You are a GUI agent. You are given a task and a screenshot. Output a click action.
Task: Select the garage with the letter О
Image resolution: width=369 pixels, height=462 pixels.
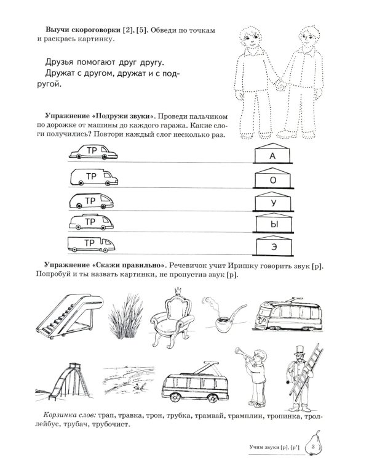point(272,179)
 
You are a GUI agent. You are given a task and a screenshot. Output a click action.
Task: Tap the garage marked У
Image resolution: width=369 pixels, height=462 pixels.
point(272,201)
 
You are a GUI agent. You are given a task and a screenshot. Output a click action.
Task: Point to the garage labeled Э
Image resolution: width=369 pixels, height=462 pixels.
point(272,245)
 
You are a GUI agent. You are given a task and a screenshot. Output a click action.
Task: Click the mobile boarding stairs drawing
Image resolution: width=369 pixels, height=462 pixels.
point(65,314)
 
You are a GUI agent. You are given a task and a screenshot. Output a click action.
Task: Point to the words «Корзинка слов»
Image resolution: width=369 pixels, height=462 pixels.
point(61,415)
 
